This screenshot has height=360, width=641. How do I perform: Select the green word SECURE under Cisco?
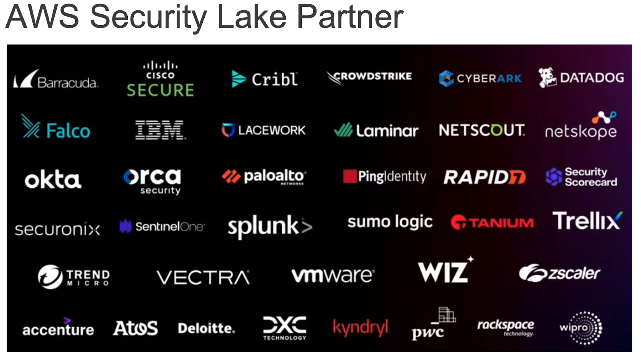[x=160, y=90]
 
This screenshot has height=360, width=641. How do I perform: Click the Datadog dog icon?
[x=547, y=77]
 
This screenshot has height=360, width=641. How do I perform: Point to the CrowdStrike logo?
[x=369, y=77]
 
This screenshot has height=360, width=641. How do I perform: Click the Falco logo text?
[x=68, y=131]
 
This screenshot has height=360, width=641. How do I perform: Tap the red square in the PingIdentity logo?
[x=349, y=176]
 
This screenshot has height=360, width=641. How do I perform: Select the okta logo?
[x=53, y=179]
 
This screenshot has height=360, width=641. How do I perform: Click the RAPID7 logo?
[x=484, y=177]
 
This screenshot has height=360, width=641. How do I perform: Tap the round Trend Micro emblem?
[x=50, y=277]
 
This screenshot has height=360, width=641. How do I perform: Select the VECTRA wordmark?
[x=203, y=277]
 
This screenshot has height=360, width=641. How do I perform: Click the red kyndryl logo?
[x=361, y=328]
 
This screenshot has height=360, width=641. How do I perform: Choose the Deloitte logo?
[x=206, y=328]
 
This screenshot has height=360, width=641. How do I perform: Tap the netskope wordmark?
[x=581, y=131]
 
